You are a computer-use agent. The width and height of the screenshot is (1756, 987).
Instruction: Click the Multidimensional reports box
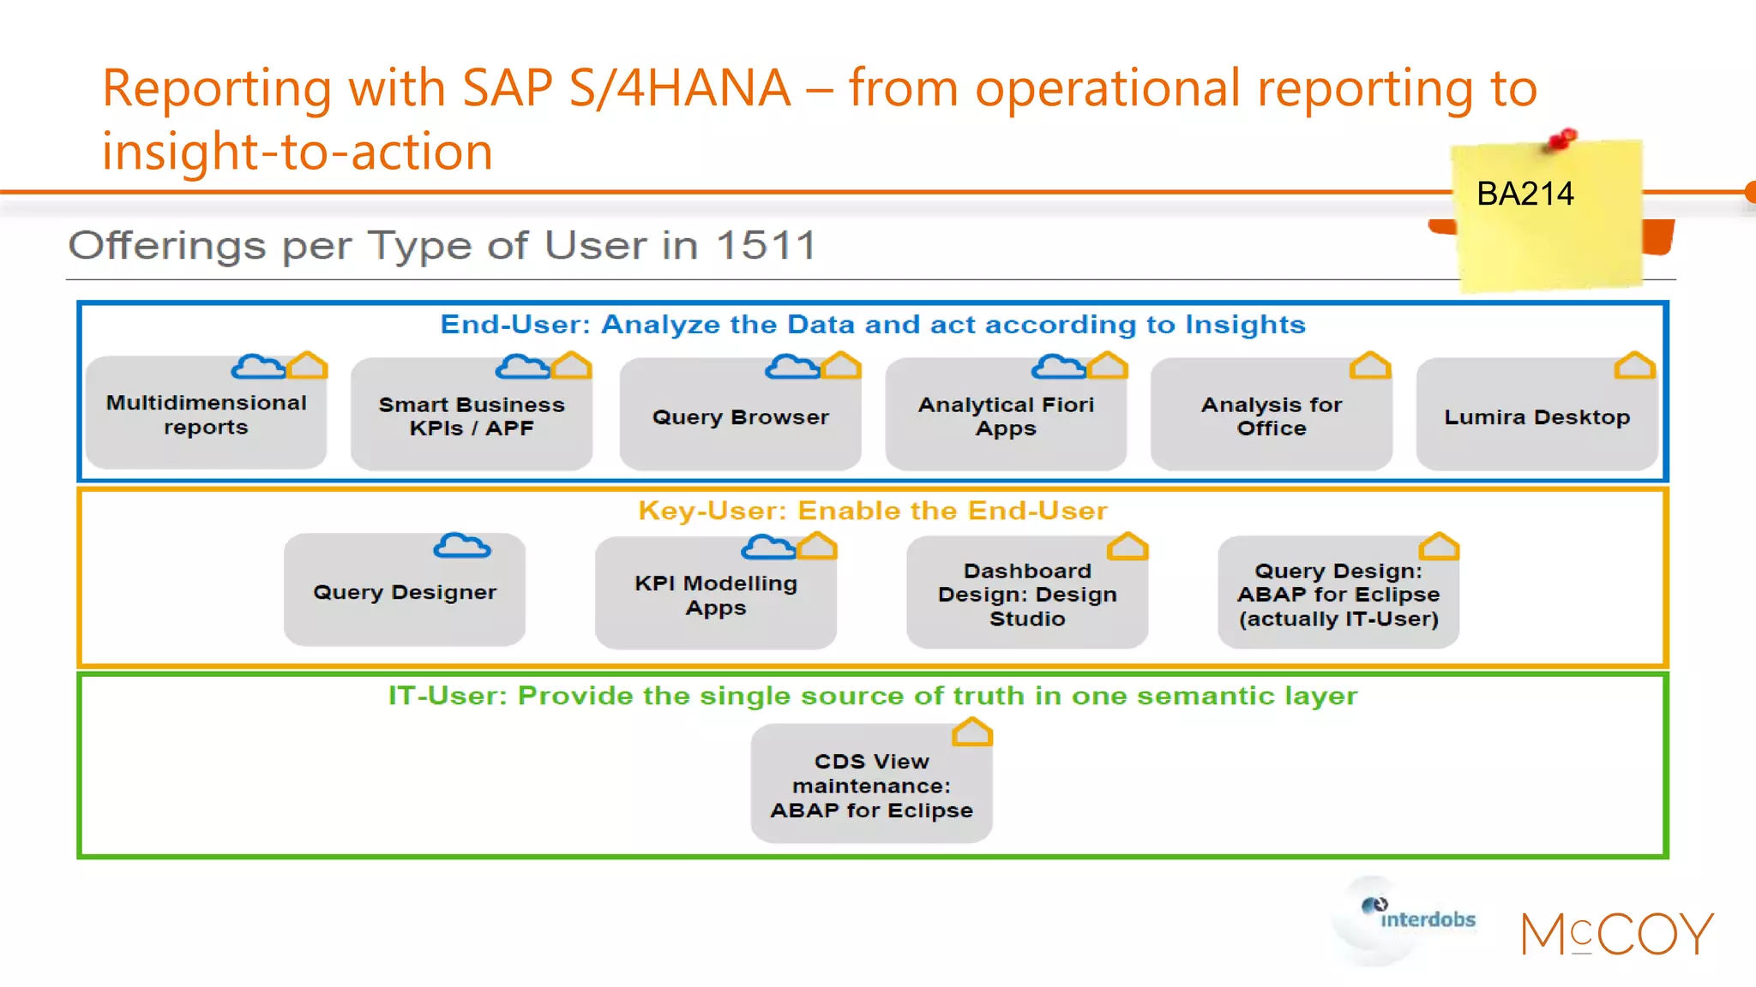click(206, 416)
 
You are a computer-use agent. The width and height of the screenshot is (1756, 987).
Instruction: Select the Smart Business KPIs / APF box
click(472, 417)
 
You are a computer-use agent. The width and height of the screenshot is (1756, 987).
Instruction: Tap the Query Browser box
click(740, 417)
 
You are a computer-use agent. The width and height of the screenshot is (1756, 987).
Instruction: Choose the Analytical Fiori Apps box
click(1006, 417)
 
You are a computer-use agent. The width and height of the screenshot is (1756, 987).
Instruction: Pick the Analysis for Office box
click(1271, 417)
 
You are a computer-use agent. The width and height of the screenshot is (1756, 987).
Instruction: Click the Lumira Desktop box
click(1536, 417)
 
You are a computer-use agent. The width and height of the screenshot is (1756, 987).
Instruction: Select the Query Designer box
click(404, 592)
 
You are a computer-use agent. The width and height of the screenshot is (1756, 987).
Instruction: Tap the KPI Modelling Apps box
click(715, 595)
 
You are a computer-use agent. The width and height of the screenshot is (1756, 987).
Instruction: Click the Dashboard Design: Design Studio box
click(1026, 595)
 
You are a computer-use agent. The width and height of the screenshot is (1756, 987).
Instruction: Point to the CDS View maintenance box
click(871, 786)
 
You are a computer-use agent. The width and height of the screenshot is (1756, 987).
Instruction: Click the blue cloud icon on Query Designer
click(462, 546)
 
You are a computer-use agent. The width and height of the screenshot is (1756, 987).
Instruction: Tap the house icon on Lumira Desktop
click(1634, 366)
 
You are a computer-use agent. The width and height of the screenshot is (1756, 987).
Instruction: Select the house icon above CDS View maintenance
click(971, 733)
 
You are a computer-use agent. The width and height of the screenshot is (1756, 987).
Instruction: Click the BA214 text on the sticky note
click(1524, 194)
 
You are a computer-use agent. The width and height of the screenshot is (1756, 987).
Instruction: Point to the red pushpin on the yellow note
click(1563, 139)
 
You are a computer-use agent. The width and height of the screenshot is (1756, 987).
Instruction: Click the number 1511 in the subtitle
click(766, 247)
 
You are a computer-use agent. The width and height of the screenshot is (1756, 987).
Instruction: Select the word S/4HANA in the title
click(679, 88)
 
